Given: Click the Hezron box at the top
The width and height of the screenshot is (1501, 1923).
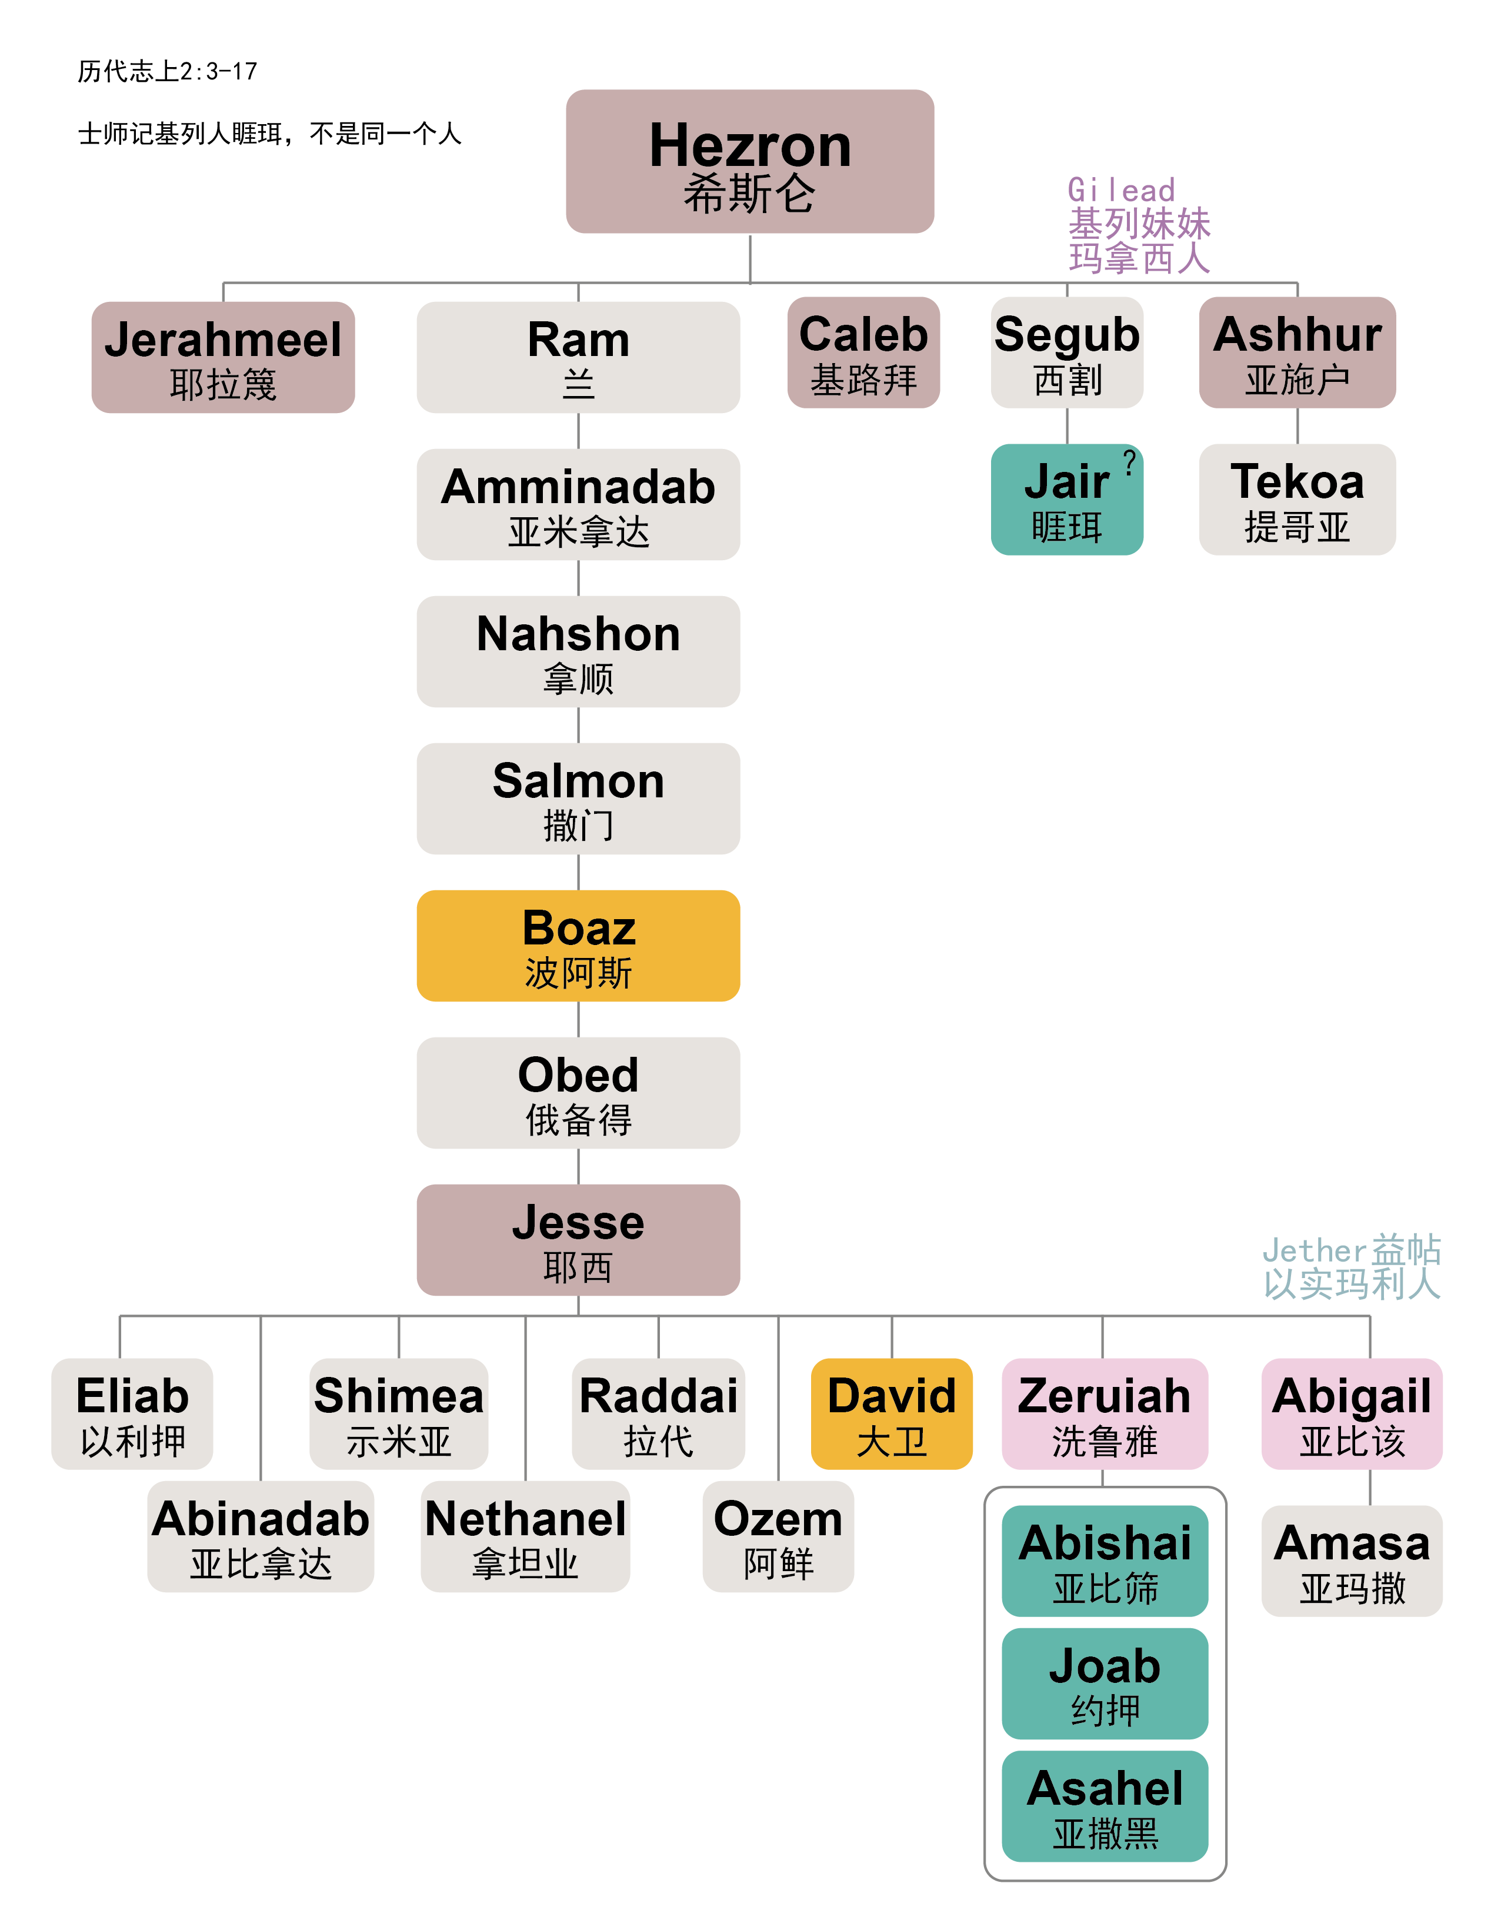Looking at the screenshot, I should pos(749,161).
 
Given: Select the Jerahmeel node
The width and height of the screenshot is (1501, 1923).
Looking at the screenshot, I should pos(223,358).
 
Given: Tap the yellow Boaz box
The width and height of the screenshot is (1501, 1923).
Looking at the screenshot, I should pos(578,946).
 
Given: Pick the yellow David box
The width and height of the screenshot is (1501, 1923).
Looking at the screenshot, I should pos(891,1413).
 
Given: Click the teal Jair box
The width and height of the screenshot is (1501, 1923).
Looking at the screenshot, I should pos(1066,499).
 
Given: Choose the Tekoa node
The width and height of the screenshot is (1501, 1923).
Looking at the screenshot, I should pos(1297,499).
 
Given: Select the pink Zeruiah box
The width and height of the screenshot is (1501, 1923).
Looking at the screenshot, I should pos(1104,1413).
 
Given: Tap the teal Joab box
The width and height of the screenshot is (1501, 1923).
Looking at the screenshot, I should pos(1104,1683).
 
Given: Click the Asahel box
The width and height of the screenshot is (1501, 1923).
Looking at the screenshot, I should pos(1104,1806).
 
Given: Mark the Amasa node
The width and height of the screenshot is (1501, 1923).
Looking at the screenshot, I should pos(1352,1561).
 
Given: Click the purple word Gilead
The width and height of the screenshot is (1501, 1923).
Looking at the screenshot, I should pos(1120,190).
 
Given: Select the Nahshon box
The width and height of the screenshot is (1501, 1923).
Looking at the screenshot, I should pos(578,651).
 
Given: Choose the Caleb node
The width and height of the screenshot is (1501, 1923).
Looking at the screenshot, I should pos(863,352).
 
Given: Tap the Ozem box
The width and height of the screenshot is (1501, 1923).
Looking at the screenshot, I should pos(778,1536).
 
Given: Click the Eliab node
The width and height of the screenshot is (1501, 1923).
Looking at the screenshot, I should pos(132,1413).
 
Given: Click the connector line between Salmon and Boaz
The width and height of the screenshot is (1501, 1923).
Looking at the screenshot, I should pos(578,871).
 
